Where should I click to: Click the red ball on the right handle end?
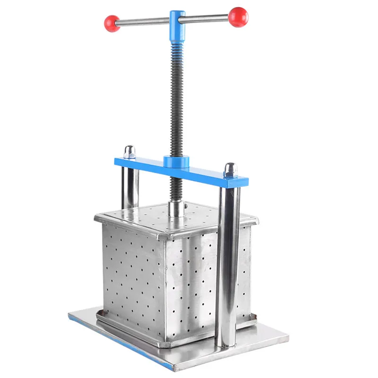coord(238,17)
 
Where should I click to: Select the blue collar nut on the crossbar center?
coord(176,162)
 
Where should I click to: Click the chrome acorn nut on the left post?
coord(129,152)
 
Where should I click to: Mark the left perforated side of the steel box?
coord(132,274)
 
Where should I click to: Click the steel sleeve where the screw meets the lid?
coord(177,208)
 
